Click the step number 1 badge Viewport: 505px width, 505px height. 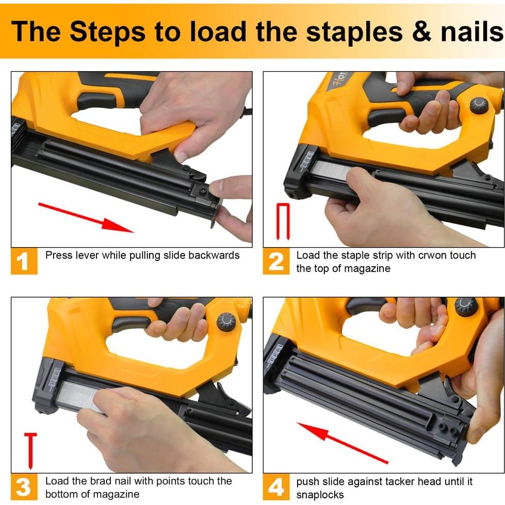[x=24, y=261]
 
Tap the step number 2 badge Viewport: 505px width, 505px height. [x=276, y=261]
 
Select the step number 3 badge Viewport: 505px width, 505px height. [x=24, y=486]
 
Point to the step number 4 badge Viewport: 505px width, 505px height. [x=276, y=486]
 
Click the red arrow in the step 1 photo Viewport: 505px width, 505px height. [x=86, y=218]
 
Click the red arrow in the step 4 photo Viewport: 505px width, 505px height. [x=343, y=443]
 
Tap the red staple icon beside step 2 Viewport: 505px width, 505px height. [x=283, y=222]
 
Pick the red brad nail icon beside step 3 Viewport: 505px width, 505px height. [x=30, y=451]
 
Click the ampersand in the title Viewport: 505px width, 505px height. [x=421, y=32]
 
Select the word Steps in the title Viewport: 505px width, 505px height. [x=108, y=31]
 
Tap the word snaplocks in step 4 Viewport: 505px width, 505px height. [x=320, y=495]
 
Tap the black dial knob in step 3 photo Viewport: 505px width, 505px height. [x=226, y=321]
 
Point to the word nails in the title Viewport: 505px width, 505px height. [x=472, y=31]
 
